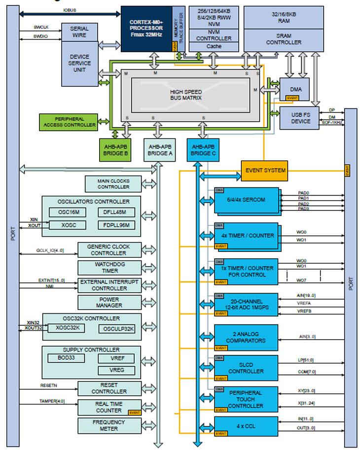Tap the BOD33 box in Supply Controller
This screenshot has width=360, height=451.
point(67,358)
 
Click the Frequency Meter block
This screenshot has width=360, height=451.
point(109,425)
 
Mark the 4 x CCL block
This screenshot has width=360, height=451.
point(245,424)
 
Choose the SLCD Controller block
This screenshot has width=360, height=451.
point(246,368)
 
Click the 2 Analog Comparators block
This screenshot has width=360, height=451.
point(246,337)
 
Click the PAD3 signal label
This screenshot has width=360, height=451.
point(303,209)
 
